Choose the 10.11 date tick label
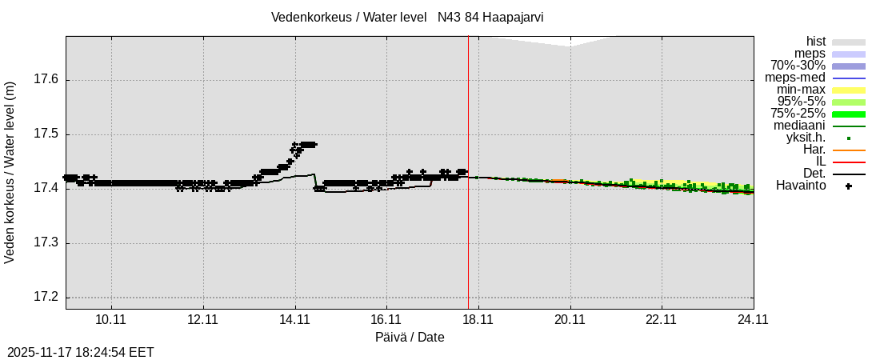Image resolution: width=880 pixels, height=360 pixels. point(112,320)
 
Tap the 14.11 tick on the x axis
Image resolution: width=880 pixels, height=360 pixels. point(295,320)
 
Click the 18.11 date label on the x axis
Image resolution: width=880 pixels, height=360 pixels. point(478,320)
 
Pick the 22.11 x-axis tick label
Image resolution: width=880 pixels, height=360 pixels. point(662,320)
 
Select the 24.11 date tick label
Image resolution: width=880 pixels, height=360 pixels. point(753,320)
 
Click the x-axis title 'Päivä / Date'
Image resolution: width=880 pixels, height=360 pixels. point(410,338)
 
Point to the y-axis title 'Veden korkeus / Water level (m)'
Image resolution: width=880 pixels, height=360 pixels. point(11,172)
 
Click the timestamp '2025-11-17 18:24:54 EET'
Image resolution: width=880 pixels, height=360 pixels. point(81,352)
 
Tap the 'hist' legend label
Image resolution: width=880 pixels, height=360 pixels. point(815,42)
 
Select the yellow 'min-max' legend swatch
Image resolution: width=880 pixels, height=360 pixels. point(849,90)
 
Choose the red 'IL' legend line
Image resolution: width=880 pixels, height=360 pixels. point(849,162)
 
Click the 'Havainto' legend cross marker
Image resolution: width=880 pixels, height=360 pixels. point(849,186)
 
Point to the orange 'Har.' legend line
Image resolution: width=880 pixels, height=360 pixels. point(849,150)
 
